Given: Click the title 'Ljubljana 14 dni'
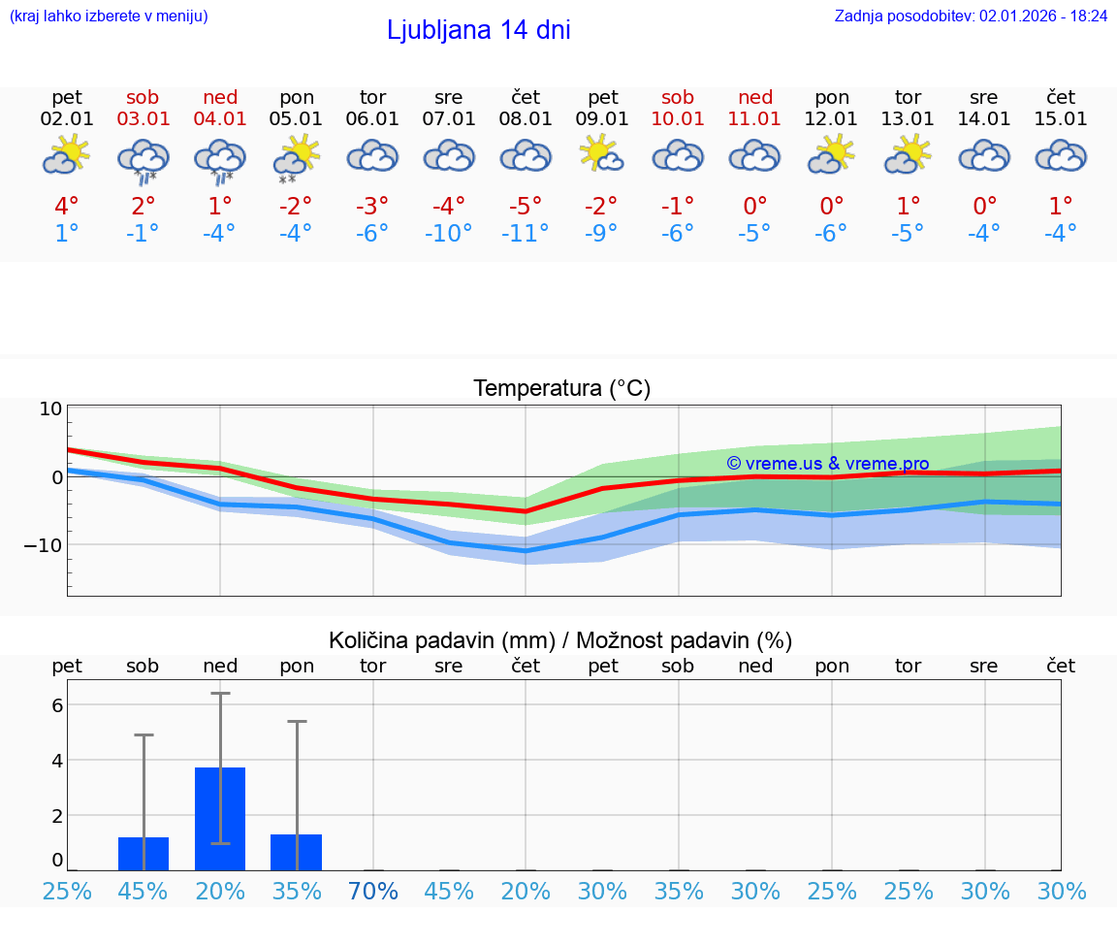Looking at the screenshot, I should point(478,30).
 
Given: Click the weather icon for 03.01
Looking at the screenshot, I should point(143,159).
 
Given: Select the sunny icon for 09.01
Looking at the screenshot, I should point(602,155).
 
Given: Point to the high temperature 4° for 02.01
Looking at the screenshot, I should point(66,207).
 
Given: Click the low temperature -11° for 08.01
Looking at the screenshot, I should point(525,234).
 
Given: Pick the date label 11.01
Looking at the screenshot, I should point(755,118).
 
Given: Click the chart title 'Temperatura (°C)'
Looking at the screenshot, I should point(561,389).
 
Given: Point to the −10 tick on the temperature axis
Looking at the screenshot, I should point(44,545).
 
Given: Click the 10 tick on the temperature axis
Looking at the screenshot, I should point(50,408).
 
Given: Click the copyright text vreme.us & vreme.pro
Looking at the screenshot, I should point(827,464).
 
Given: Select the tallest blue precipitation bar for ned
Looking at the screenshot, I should point(220,819).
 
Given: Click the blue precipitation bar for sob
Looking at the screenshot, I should point(144,854).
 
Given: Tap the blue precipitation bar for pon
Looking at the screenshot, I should point(296,852).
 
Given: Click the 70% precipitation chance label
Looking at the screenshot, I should point(373,891).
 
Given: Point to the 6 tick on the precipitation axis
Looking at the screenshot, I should point(56,705).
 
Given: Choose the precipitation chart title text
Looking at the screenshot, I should point(560,640).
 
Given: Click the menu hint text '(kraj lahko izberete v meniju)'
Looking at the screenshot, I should point(109,16).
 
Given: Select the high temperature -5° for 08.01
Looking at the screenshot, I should point(525,207).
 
